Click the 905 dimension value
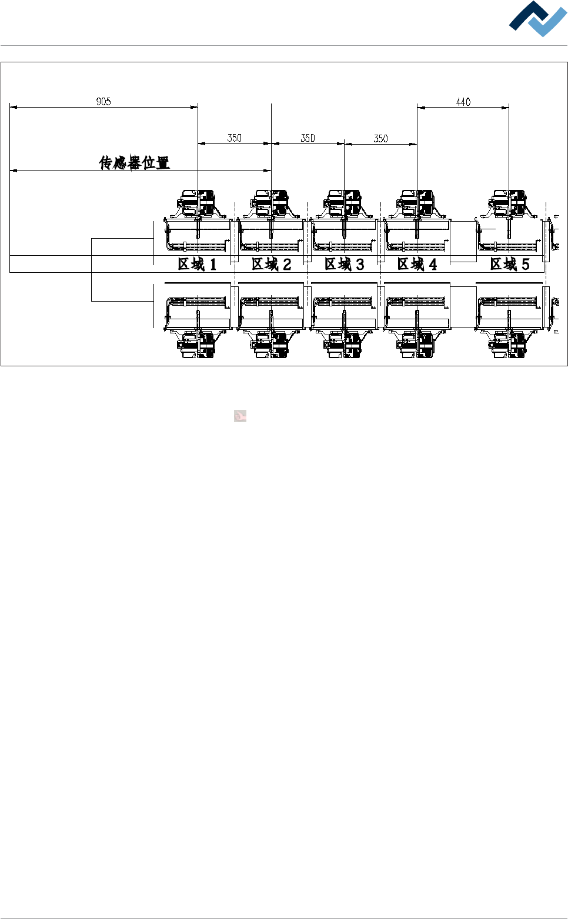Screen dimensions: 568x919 (103, 102)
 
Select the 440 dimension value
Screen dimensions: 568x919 (463, 102)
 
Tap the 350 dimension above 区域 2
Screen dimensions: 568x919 (235, 138)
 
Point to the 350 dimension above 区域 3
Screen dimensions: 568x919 (308, 138)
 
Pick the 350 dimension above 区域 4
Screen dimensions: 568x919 (381, 139)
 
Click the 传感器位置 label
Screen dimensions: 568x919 (135, 162)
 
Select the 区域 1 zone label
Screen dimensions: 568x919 (198, 265)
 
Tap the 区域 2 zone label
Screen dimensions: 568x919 (271, 265)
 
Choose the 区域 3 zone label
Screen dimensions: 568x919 (345, 265)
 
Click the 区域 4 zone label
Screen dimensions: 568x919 (417, 265)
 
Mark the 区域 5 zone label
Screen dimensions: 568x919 (510, 265)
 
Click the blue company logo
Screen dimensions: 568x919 (538, 19)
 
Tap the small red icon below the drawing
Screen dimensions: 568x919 (240, 416)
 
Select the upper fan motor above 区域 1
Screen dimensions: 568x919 (198, 203)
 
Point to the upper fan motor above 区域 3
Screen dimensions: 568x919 (345, 203)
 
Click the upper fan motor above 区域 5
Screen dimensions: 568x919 (509, 203)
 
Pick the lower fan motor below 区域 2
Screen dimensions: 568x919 (271, 344)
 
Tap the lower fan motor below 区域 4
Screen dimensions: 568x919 (417, 344)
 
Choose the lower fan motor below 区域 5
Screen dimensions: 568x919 (509, 344)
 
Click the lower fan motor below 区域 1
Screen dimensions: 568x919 (198, 344)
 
